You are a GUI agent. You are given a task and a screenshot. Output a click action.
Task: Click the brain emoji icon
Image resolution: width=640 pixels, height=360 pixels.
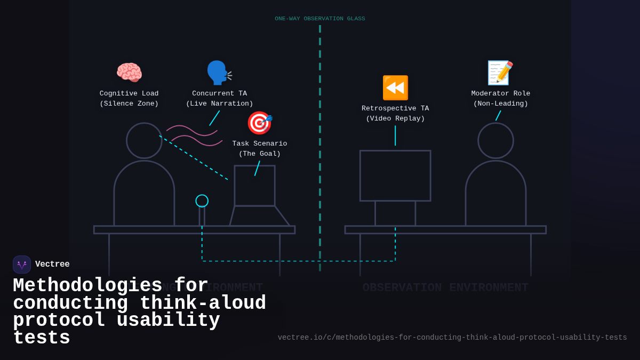[x=129, y=73]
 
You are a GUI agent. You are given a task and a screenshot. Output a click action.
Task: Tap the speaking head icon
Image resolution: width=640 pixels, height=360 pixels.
[x=219, y=73]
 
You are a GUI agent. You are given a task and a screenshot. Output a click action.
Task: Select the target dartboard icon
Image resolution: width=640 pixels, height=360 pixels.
[x=259, y=123]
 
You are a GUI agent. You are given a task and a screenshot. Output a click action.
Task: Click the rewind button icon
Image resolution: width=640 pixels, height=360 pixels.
[x=395, y=87]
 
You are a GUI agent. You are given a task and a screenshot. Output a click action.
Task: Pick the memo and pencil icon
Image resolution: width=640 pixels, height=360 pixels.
[x=500, y=73]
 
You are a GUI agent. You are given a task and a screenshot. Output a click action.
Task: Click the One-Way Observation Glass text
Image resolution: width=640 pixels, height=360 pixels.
[x=320, y=19]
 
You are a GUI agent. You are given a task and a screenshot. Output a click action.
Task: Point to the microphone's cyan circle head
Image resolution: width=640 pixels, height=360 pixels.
[x=202, y=201]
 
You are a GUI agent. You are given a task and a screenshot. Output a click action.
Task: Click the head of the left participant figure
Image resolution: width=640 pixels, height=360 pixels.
[x=144, y=141]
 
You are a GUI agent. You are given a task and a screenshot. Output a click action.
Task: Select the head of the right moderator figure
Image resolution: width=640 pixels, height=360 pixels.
[x=495, y=141]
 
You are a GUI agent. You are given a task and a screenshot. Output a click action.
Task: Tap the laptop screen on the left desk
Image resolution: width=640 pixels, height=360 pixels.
[x=254, y=186]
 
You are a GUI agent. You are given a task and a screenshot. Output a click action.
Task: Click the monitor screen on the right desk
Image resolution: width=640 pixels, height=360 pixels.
[x=395, y=175]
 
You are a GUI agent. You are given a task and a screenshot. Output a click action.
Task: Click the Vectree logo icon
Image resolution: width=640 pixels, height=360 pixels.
[x=22, y=265]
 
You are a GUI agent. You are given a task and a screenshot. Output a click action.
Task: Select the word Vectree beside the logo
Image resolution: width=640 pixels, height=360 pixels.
[x=52, y=265]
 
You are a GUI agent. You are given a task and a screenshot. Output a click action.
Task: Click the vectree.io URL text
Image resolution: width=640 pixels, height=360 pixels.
[x=452, y=338]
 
